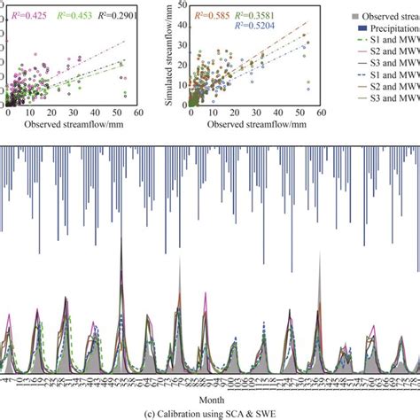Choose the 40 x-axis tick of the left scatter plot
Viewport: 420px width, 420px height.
coord(96,114)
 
